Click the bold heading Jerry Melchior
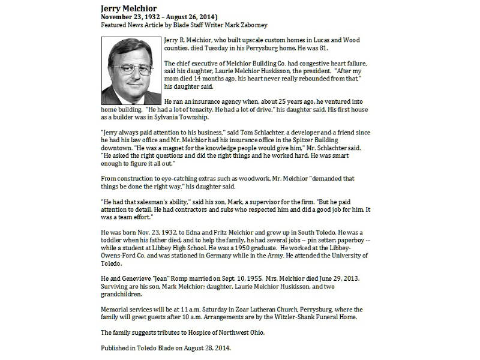(129, 9)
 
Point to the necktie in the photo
(134, 97)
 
